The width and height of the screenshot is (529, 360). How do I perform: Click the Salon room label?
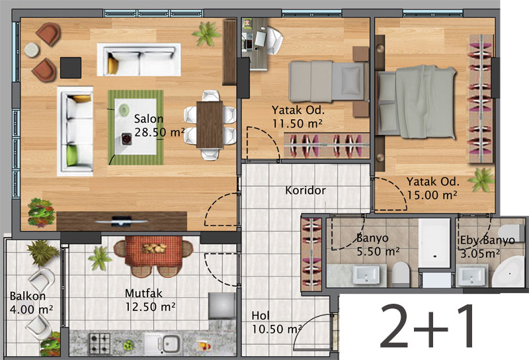[x=148, y=119]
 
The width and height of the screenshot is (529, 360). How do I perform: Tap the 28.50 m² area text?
[x=159, y=132]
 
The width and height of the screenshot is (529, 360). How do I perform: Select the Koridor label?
[x=305, y=190]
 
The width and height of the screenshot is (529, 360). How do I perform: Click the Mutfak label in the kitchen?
[x=143, y=293]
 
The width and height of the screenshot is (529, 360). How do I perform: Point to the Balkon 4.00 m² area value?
[x=31, y=309]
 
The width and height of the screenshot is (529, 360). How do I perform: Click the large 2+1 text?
[x=427, y=326]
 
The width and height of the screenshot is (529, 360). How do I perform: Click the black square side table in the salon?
[x=71, y=67]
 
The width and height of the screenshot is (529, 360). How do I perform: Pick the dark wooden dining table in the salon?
[x=210, y=125]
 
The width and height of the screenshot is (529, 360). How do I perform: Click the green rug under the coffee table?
[x=136, y=127]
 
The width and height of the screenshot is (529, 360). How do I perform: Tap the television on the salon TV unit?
[x=122, y=221]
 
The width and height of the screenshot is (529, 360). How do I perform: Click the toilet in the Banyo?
[x=401, y=273]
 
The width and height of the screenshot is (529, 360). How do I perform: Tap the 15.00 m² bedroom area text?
[x=432, y=195]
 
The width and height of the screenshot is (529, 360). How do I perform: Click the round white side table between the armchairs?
[x=32, y=50]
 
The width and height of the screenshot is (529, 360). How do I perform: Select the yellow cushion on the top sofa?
[x=112, y=66]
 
